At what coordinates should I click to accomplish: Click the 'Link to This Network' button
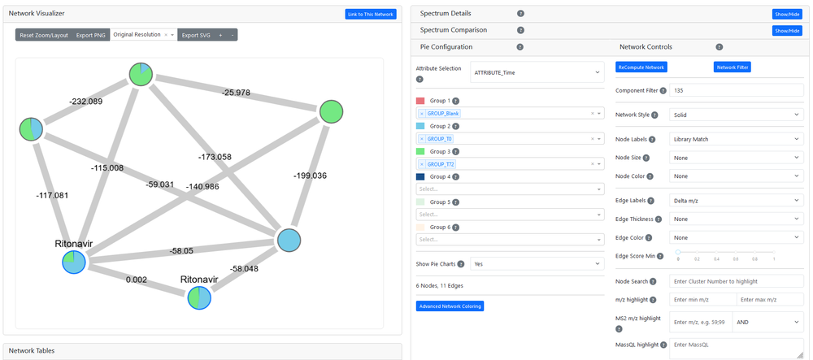(371, 14)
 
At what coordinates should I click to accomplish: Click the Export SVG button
(194, 35)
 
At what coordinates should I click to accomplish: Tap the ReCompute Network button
(641, 67)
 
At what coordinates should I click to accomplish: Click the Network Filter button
(733, 67)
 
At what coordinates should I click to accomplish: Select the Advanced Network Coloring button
(450, 306)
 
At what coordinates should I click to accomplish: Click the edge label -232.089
(85, 102)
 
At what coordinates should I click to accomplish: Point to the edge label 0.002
(137, 279)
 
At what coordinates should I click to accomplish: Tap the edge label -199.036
(310, 176)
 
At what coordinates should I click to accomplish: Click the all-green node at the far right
(331, 111)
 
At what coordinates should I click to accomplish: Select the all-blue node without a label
(290, 241)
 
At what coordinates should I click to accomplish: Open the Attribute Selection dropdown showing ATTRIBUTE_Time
(537, 72)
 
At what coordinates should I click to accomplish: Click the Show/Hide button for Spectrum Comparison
(786, 31)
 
